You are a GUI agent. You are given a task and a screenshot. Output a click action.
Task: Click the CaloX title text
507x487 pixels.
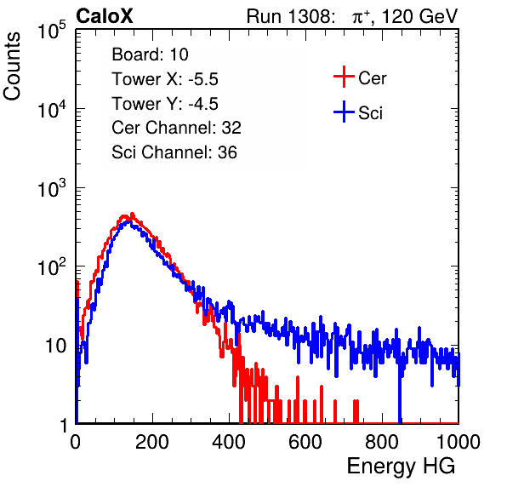point(105,16)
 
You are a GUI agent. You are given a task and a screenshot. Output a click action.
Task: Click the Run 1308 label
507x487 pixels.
point(290,16)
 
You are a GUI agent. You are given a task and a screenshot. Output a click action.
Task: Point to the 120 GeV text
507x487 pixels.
point(420,16)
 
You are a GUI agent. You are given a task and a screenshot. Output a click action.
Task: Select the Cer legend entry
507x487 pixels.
point(360,77)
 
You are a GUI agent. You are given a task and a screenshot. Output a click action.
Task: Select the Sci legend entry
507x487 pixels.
point(358,112)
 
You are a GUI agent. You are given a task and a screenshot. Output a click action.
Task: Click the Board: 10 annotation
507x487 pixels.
point(150,54)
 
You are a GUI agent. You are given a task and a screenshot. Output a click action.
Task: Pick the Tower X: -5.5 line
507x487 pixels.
point(165,79)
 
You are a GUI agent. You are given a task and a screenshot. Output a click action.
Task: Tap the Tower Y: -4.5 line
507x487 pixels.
point(165,104)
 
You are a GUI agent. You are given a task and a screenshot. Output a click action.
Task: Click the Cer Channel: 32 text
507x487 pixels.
point(177,128)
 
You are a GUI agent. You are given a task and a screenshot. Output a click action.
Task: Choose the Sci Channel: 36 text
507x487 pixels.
point(174,152)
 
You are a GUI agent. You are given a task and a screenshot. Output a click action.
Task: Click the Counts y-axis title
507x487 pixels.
point(12,66)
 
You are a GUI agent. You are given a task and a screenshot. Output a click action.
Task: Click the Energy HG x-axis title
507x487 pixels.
point(401,467)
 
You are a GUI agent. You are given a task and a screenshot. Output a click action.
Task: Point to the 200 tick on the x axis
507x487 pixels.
point(152,442)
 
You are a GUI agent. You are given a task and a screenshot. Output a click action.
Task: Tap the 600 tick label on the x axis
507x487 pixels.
point(305,442)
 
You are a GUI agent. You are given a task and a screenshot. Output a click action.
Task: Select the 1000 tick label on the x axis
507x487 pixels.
point(459,442)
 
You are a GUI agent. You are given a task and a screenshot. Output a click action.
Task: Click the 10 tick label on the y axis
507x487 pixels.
point(55,346)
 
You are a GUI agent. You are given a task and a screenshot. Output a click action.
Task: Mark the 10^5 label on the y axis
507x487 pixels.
point(52,30)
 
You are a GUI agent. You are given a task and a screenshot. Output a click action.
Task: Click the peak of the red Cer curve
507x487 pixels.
point(132,214)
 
